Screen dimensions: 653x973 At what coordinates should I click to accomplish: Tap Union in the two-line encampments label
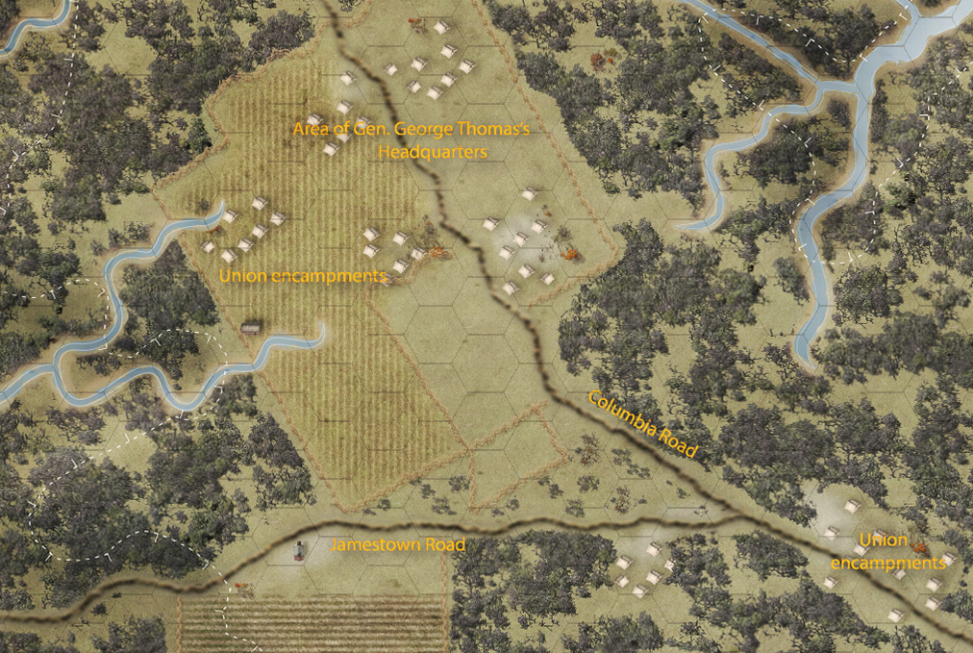(x=883, y=540)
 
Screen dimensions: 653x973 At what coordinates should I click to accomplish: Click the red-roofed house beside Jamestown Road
(x=300, y=551)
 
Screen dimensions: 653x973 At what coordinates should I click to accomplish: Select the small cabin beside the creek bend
(x=251, y=327)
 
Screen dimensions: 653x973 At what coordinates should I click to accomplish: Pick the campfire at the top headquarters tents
(x=415, y=21)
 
